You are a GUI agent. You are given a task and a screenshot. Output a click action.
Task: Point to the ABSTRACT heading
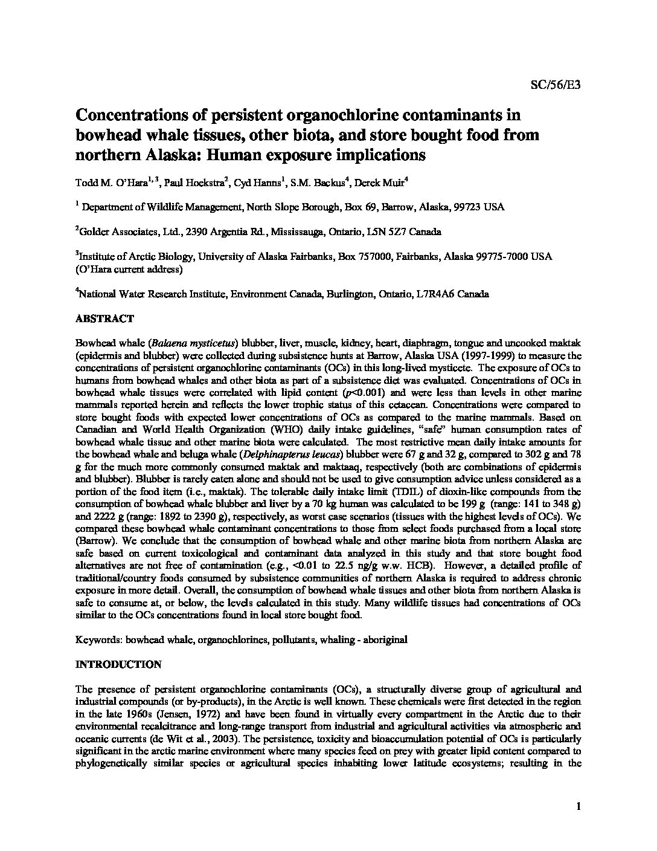[104, 319]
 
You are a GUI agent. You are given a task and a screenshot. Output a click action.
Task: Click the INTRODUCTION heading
[118, 665]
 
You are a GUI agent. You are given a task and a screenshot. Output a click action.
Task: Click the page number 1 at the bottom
[578, 806]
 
